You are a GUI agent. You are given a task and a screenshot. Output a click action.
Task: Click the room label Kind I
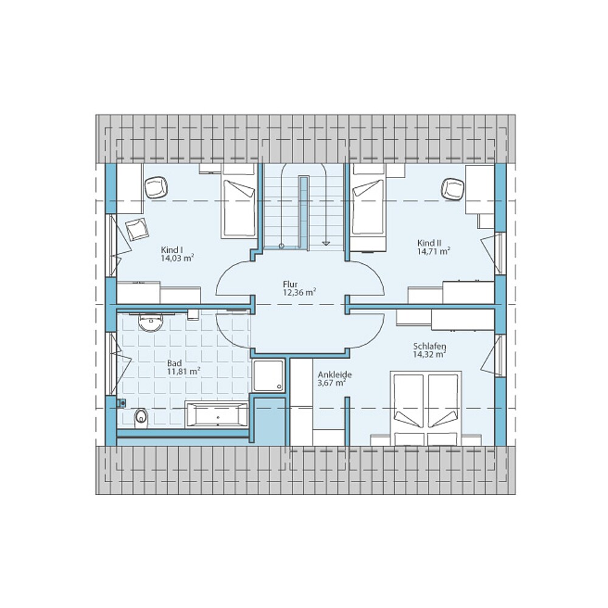[172, 250]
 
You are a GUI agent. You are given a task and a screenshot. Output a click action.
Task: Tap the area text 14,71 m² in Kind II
[433, 250]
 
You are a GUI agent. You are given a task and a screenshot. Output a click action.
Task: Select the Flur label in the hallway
[290, 284]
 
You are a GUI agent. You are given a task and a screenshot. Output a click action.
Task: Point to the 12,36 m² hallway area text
[299, 292]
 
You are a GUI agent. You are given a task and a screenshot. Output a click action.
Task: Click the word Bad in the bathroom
[174, 363]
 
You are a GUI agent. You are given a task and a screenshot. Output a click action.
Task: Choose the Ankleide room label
[334, 375]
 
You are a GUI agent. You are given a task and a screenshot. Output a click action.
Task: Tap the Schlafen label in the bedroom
[429, 345]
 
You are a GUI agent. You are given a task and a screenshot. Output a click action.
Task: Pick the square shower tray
[268, 376]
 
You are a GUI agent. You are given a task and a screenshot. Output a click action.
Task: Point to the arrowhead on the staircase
[326, 242]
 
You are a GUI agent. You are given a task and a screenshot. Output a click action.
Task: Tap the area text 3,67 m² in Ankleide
[332, 383]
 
